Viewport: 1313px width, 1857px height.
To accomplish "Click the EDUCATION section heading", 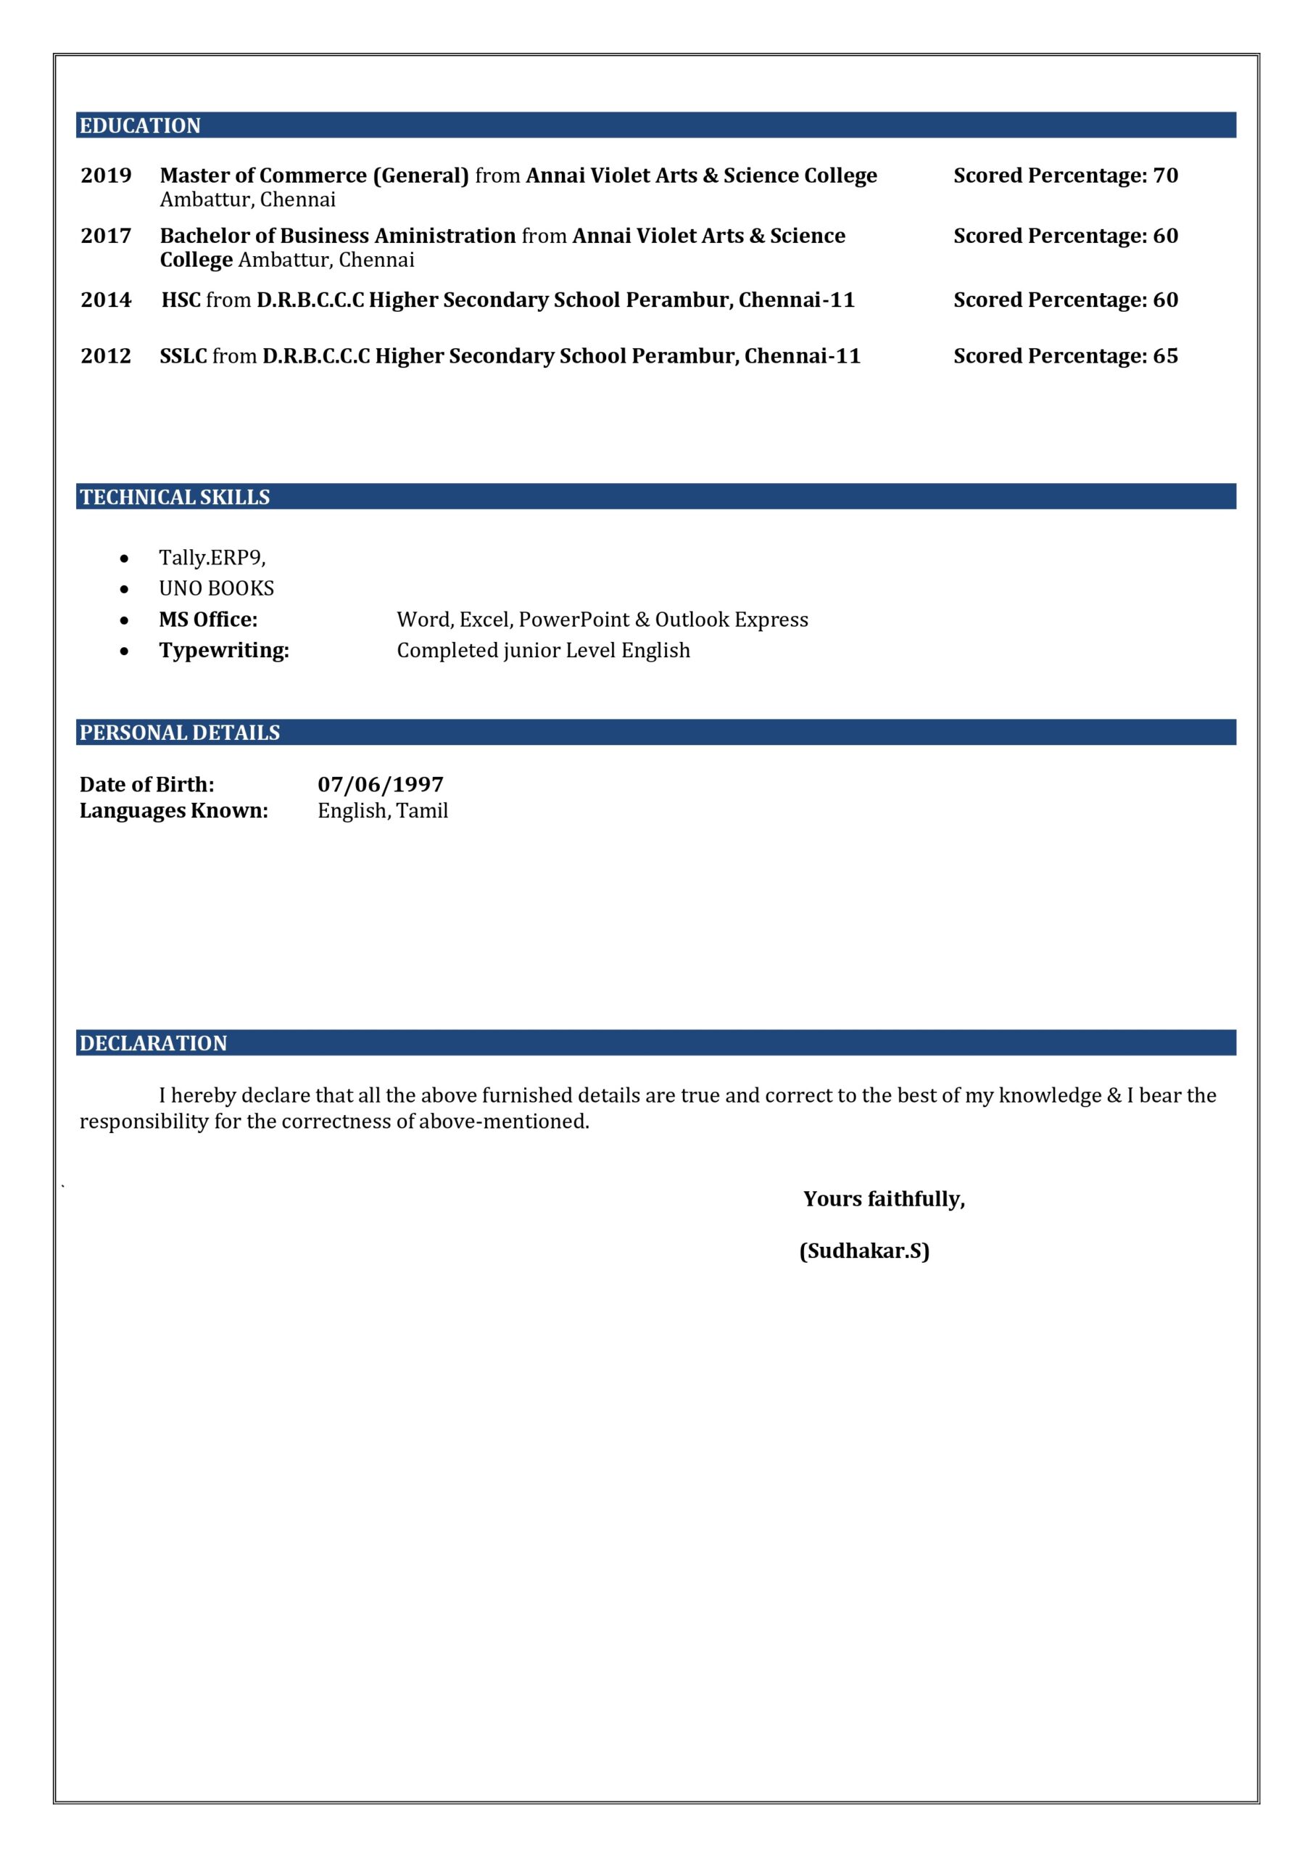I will click(140, 125).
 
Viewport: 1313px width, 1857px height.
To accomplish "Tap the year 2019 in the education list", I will click(106, 176).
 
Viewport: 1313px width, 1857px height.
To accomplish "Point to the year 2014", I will click(106, 300).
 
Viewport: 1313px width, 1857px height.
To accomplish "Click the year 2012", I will click(106, 356).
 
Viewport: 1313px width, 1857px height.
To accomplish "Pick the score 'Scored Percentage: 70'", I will click(1065, 176).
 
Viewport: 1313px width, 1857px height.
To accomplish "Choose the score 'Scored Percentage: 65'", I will click(1065, 356).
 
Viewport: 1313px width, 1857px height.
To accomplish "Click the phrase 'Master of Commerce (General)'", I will click(314, 176).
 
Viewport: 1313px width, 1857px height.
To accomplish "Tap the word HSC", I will click(181, 300).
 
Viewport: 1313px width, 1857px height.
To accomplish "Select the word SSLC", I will click(183, 356).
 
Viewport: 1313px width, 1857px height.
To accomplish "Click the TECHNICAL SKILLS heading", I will click(175, 497).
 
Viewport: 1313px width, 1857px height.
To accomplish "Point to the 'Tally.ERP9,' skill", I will click(212, 557).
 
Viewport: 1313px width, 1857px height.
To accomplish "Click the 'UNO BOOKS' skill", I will click(216, 588).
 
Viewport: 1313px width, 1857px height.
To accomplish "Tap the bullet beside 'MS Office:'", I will click(124, 620).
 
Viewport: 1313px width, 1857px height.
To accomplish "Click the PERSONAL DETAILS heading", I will click(180, 732).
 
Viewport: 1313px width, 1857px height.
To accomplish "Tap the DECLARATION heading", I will click(153, 1042).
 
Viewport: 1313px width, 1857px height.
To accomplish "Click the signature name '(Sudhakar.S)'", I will click(863, 1251).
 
